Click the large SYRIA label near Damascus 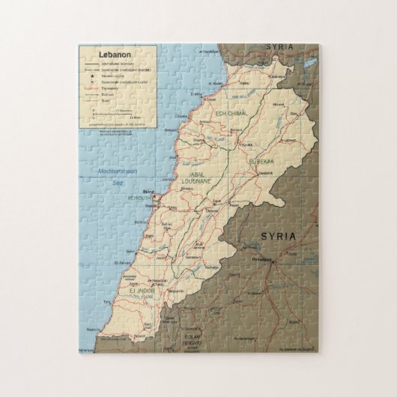tap(279, 237)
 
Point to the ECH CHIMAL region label tap(230, 113)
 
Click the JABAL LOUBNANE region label tap(197, 178)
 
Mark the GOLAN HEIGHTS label tap(191, 338)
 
